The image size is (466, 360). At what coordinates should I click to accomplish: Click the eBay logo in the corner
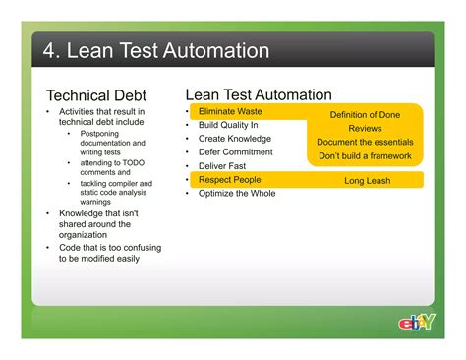tap(416, 322)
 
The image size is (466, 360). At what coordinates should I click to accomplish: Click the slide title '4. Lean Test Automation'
tap(149, 50)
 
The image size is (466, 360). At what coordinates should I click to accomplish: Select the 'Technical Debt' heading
tap(96, 95)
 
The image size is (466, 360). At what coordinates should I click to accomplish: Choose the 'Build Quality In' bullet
tap(228, 126)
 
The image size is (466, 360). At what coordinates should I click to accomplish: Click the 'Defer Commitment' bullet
tap(235, 152)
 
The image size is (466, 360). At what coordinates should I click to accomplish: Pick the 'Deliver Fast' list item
tap(221, 166)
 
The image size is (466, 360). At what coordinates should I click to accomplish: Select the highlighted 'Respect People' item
tap(230, 180)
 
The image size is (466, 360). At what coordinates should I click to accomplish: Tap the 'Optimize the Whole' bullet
tap(237, 194)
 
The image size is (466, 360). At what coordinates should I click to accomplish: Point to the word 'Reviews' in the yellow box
tap(365, 129)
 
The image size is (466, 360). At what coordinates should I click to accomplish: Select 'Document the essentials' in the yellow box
tap(366, 143)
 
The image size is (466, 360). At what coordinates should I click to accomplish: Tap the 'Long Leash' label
tap(367, 181)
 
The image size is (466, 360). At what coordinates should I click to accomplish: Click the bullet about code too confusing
tap(108, 253)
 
